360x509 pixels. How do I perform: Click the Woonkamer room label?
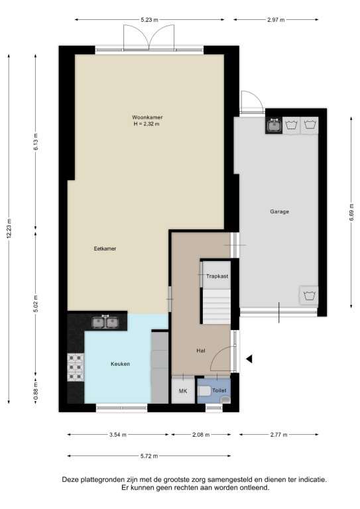[147, 117]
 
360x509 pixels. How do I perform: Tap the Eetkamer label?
[105, 249]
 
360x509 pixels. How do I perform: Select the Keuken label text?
[120, 364]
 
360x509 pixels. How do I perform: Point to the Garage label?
[280, 211]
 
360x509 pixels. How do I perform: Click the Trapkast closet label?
[217, 276]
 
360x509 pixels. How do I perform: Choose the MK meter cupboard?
[183, 391]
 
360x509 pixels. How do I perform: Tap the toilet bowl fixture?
[204, 391]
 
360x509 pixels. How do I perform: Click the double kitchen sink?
[105, 322]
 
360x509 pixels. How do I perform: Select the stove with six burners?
[76, 367]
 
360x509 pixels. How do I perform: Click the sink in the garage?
[274, 125]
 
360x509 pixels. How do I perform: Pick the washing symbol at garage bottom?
[309, 296]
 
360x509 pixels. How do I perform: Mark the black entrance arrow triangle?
[249, 359]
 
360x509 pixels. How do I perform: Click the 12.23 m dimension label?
[9, 229]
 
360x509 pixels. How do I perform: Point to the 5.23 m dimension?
[149, 20]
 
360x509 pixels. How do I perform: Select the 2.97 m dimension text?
[276, 20]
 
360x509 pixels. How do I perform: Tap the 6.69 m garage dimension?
[351, 212]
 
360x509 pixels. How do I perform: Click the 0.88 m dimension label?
[36, 392]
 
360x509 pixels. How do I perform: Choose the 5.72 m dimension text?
[149, 456]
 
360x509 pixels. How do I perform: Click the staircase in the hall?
[217, 307]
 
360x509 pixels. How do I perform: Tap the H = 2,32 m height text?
[147, 124]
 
